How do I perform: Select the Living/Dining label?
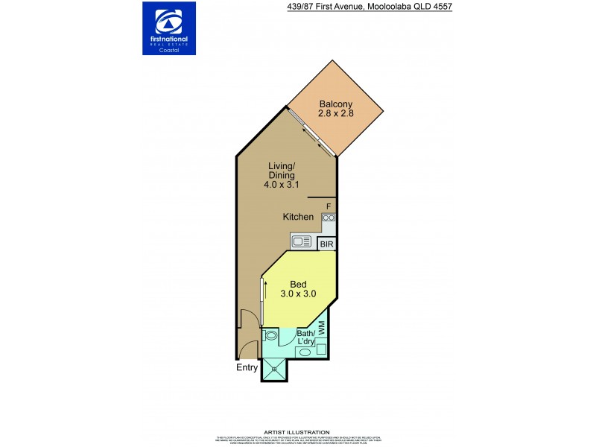pyautogui.click(x=283, y=171)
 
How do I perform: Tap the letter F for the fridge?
pyautogui.click(x=329, y=206)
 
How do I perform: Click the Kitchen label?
pyautogui.click(x=298, y=217)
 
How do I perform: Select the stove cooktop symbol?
pyautogui.click(x=329, y=218)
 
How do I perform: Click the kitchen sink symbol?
pyautogui.click(x=302, y=241)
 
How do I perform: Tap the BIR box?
pyautogui.click(x=326, y=244)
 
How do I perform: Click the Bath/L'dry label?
pyautogui.click(x=306, y=337)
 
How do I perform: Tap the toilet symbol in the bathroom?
pyautogui.click(x=270, y=336)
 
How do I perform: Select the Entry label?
pyautogui.click(x=247, y=367)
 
